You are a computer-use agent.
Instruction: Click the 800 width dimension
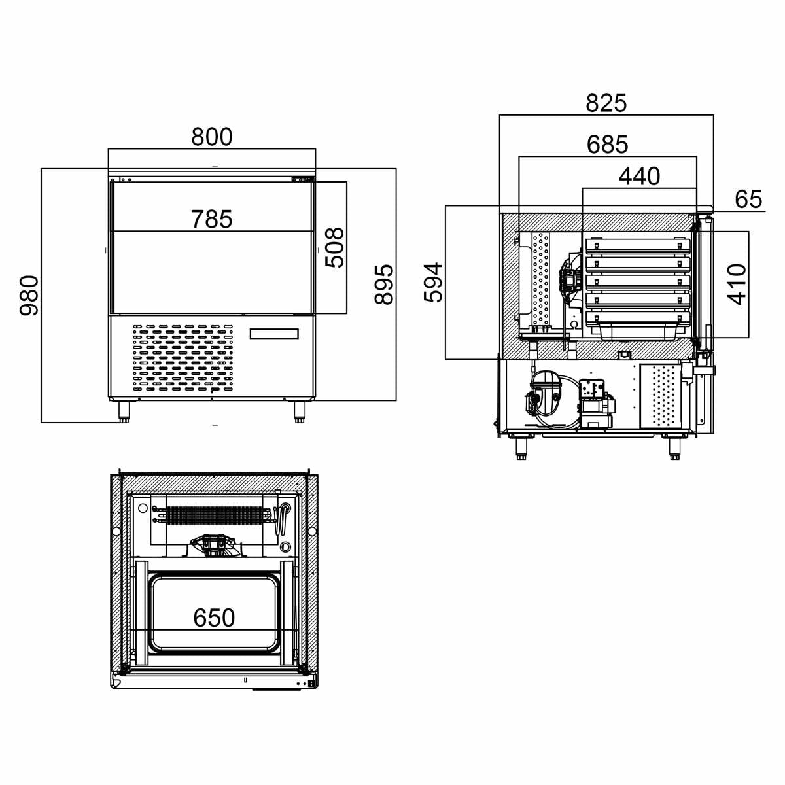(212, 137)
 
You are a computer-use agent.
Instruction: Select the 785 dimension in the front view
(212, 219)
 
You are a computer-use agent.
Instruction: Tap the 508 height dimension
(334, 247)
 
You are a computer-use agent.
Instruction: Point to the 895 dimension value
(385, 285)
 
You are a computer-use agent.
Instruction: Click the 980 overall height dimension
(29, 296)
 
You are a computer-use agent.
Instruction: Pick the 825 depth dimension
(606, 103)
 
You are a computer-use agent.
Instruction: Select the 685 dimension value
(607, 145)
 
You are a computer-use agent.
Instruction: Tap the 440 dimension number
(639, 177)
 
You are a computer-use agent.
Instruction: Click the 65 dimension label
(748, 200)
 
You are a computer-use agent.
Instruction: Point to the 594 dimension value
(434, 283)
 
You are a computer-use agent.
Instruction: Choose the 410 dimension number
(737, 285)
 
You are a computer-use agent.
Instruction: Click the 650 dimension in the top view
(214, 618)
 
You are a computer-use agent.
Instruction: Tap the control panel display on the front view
(274, 334)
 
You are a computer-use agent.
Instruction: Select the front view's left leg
(123, 410)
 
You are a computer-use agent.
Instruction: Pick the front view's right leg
(300, 410)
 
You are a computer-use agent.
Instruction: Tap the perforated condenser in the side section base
(661, 396)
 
